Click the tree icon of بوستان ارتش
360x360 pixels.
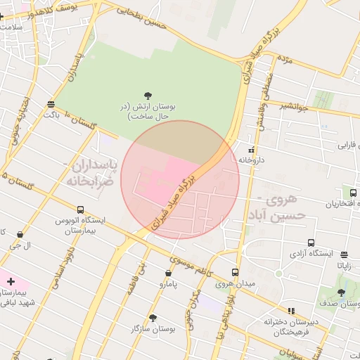148,95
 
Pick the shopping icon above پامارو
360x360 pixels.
169,273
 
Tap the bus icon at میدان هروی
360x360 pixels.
235,272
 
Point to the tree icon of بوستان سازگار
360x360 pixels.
153,317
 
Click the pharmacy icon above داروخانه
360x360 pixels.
252,149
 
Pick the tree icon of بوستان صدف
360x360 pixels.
341,293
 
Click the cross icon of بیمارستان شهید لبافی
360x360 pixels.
10,281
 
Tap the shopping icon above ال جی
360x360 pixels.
20,235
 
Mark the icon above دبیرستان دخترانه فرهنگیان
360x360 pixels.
291,310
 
